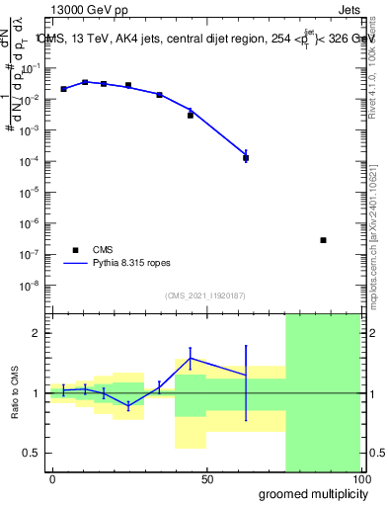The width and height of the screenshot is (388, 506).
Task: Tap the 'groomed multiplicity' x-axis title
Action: pos(307,493)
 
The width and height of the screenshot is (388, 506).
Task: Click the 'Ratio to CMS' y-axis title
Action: pos(15,392)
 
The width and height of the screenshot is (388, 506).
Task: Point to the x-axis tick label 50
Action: pos(207,479)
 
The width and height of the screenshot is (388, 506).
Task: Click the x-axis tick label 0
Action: pos(52,479)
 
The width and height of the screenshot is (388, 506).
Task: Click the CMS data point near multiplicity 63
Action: pos(246,158)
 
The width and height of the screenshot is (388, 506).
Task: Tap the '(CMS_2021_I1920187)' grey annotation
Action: pos(205,295)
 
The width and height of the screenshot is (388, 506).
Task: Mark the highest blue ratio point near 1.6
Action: pos(191,358)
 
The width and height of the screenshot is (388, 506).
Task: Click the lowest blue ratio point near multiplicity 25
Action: pos(127,405)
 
